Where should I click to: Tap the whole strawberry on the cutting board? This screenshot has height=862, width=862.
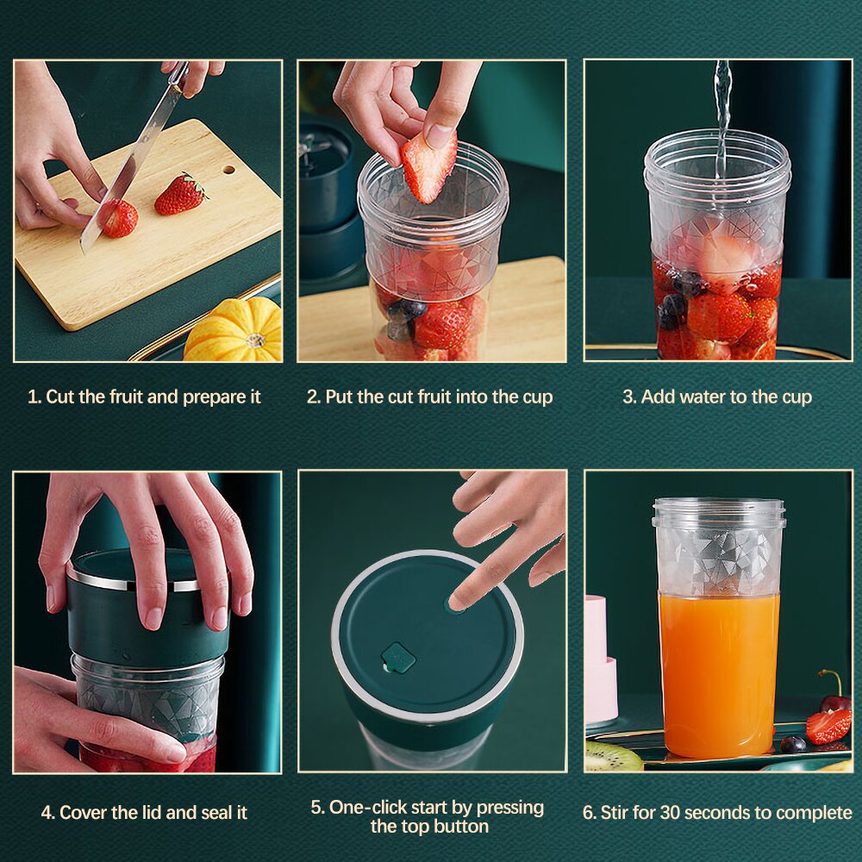pyautogui.click(x=180, y=195)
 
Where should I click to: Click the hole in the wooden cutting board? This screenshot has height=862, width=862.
pyautogui.click(x=228, y=169)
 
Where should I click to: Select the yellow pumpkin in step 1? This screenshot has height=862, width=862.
pyautogui.click(x=234, y=332)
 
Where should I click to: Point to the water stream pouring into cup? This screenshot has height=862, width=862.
pyautogui.click(x=721, y=112)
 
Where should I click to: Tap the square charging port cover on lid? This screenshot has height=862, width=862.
pyautogui.click(x=398, y=658)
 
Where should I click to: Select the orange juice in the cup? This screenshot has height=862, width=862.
pyautogui.click(x=718, y=672)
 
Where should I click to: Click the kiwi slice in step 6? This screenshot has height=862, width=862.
pyautogui.click(x=613, y=757)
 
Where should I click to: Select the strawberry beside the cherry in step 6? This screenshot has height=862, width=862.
pyautogui.click(x=828, y=727)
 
